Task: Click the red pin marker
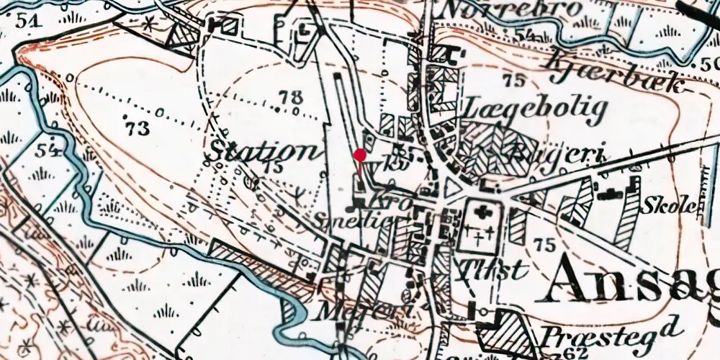click(360, 155)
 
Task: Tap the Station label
click(264, 152)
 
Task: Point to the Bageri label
click(556, 153)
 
